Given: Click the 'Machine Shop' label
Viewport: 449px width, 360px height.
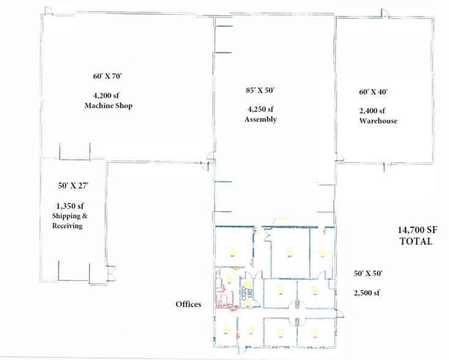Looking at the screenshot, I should [108, 106].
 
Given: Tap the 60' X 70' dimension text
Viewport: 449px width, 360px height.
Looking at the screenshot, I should [108, 77].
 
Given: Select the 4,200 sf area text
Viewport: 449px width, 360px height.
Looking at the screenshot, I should [108, 96].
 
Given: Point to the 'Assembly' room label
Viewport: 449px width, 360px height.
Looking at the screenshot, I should [260, 119].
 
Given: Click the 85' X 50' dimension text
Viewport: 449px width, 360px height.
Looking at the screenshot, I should [260, 90].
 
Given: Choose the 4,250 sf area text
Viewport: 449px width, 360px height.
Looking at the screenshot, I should [260, 110].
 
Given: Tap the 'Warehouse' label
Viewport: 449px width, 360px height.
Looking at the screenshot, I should [378, 121].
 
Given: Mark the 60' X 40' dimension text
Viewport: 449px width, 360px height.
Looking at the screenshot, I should [373, 92].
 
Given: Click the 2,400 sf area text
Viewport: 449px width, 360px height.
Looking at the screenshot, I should [372, 111].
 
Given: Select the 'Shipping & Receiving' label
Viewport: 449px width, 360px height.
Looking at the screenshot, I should [67, 221].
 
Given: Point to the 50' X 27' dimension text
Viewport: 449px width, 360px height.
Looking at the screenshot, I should [68, 186].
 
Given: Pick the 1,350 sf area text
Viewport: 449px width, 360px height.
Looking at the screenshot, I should [67, 206].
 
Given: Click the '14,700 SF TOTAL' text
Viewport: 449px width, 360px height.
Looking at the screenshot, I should [415, 236].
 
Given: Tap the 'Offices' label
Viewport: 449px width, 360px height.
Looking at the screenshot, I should [188, 304].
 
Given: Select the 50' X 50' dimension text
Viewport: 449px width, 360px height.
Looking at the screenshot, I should [368, 274].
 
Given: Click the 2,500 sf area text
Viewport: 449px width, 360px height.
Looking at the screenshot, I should [367, 293].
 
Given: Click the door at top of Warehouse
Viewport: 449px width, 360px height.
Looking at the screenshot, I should [384, 13].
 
